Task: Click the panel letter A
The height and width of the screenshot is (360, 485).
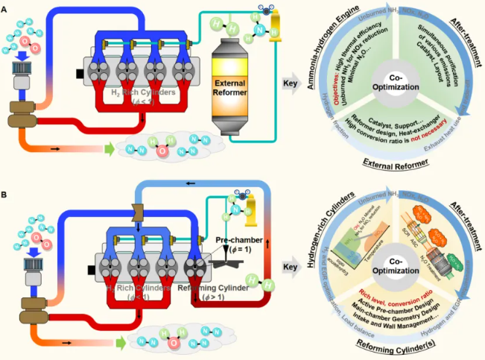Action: coord(5,6)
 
